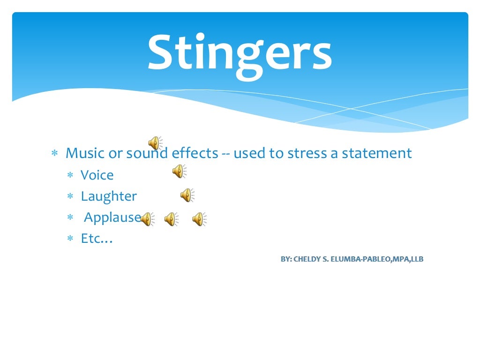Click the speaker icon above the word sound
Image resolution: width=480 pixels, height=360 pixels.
point(155,142)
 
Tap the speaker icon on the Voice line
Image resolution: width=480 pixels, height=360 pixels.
point(179,172)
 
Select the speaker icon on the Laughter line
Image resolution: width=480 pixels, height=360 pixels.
point(187,195)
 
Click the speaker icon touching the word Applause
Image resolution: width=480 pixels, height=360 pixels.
point(147,219)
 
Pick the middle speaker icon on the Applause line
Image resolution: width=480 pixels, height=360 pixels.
point(171,219)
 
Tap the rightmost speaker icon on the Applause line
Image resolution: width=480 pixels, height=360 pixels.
point(199,219)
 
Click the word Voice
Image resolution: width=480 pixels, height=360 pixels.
point(97,175)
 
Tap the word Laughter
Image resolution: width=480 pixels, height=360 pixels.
point(109,196)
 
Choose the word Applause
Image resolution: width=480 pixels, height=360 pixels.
point(112,217)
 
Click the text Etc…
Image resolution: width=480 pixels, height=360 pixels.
point(97,239)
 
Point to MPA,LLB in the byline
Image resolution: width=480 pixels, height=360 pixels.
point(408,259)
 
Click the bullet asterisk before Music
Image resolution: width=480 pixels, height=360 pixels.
point(54,154)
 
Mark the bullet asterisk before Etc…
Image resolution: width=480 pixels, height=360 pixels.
point(70,239)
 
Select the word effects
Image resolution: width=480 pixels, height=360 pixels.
point(195,153)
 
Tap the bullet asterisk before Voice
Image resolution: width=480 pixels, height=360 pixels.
point(70,176)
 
